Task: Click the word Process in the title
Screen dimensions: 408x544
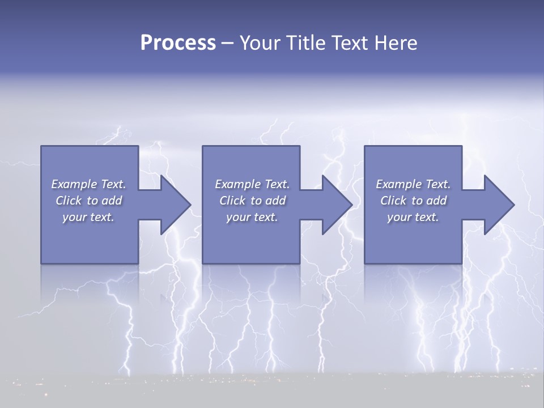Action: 178,43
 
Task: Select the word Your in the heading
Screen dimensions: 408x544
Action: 260,43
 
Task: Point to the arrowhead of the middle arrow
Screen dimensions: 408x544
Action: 340,205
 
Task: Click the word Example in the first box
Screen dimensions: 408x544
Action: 74,184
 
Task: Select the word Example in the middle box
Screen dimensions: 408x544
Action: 238,184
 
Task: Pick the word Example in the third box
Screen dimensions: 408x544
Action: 399,184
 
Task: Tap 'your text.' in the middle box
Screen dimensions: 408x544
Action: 252,217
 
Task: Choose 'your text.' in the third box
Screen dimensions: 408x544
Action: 413,217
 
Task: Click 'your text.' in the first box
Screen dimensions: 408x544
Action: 88,217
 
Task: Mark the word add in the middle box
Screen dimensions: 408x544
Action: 275,201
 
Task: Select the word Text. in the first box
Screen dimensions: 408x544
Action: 113,184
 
